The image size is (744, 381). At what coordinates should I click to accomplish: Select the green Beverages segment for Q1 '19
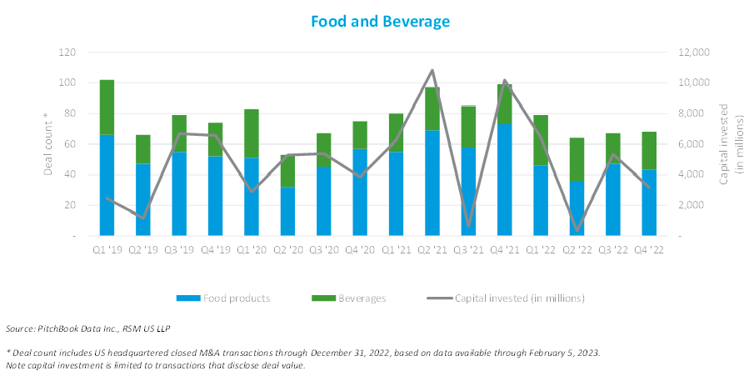tap(107, 108)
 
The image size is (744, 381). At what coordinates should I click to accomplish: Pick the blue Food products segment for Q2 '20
tap(287, 211)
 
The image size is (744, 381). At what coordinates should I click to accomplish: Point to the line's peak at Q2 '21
tap(432, 71)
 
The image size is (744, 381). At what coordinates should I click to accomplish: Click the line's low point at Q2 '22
tap(576, 230)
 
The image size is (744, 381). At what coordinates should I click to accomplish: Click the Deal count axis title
tap(47, 143)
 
